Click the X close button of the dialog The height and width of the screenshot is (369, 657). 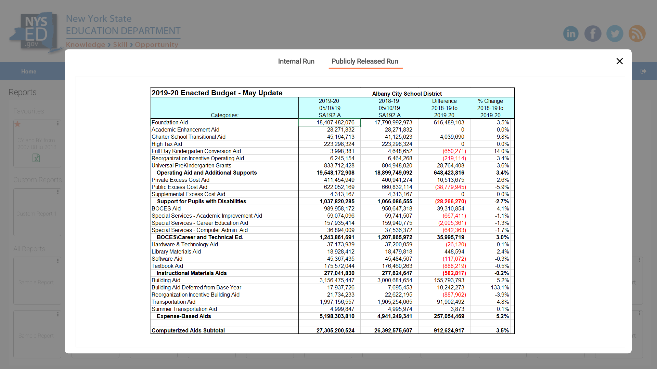tap(619, 61)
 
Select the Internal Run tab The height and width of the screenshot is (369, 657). tap(296, 61)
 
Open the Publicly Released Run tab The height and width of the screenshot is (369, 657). tap(365, 61)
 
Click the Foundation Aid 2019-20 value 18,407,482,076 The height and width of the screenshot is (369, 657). tap(335, 123)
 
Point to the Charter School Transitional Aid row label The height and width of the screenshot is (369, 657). tap(189, 137)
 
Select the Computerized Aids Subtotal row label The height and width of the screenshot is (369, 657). tap(188, 331)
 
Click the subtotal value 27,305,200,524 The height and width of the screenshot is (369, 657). tap(335, 331)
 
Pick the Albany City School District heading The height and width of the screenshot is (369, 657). tap(407, 94)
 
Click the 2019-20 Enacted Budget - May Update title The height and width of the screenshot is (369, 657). tap(217, 93)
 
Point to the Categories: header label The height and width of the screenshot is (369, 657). tap(224, 115)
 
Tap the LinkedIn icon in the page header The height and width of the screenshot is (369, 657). tap(571, 33)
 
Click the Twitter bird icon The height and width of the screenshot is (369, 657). tap(615, 33)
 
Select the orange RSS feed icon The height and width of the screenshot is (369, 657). tap(637, 33)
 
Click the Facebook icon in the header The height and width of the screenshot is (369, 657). tap(593, 33)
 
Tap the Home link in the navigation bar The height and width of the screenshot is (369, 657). tap(29, 71)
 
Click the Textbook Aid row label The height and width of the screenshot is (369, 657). tap(167, 266)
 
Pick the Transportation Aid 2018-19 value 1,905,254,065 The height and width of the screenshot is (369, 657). tap(395, 302)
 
